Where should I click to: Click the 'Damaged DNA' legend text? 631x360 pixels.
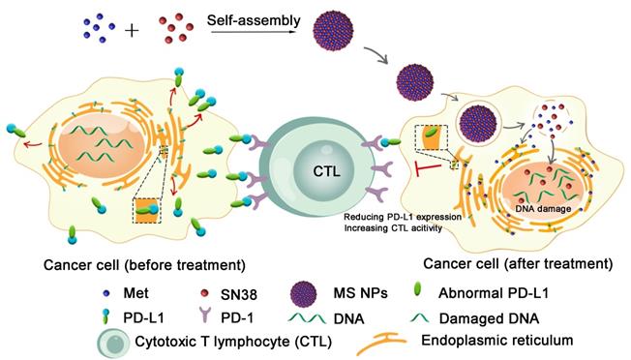click(537, 314)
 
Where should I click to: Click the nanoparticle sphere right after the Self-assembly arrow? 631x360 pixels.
click(331, 34)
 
